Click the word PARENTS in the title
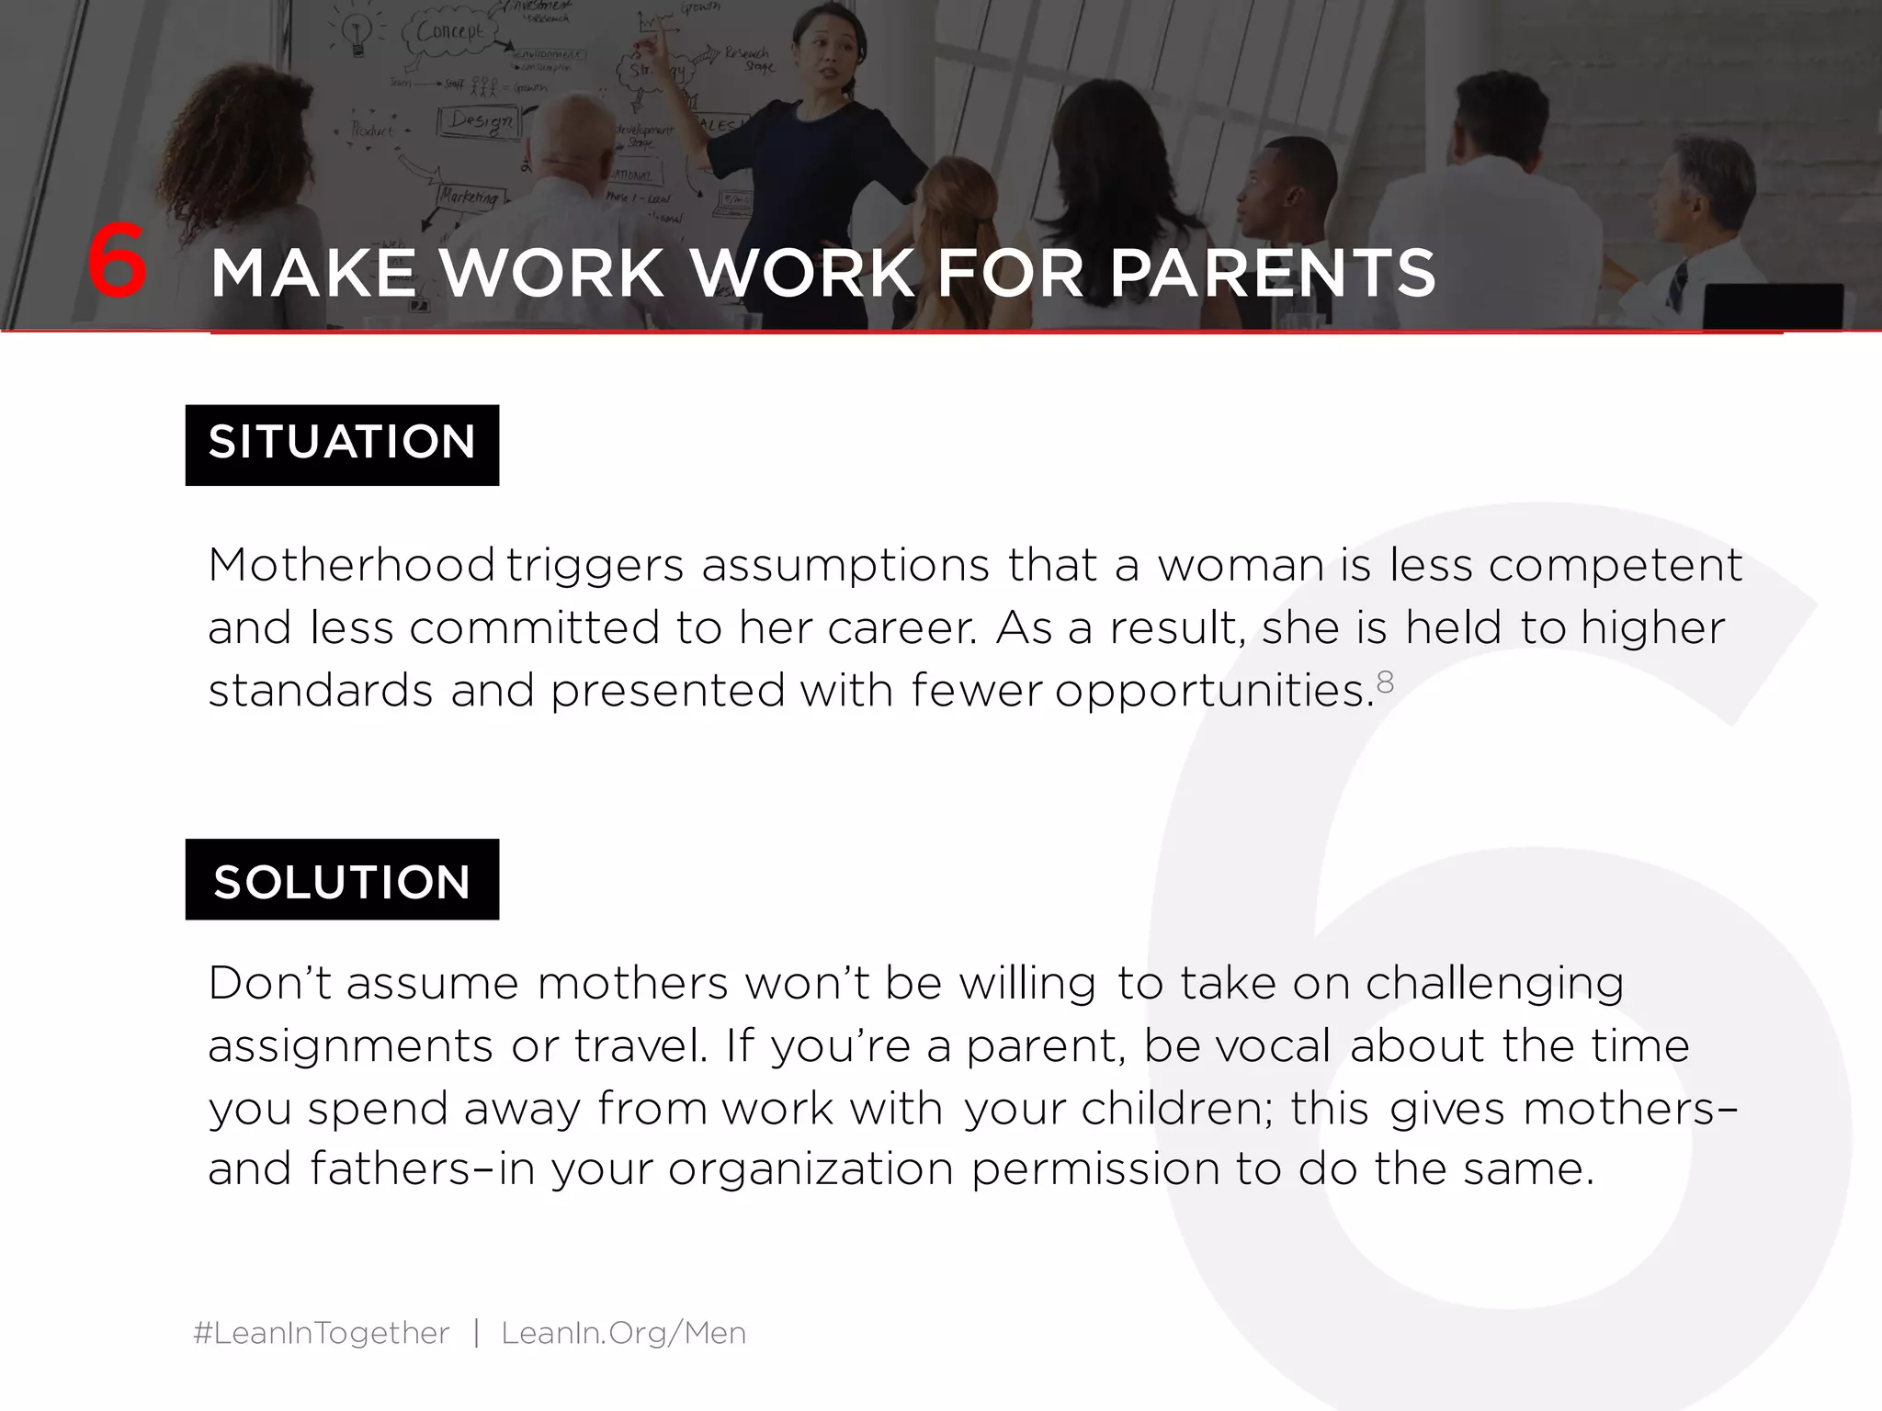point(1273,274)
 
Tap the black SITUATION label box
point(342,445)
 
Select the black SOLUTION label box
point(342,880)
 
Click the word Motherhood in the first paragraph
point(351,565)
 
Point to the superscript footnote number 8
point(1385,682)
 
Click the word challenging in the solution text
point(1494,985)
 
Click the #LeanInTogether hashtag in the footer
point(322,1333)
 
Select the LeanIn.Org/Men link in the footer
point(623,1333)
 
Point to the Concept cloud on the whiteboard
point(450,33)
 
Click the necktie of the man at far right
point(1678,286)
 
